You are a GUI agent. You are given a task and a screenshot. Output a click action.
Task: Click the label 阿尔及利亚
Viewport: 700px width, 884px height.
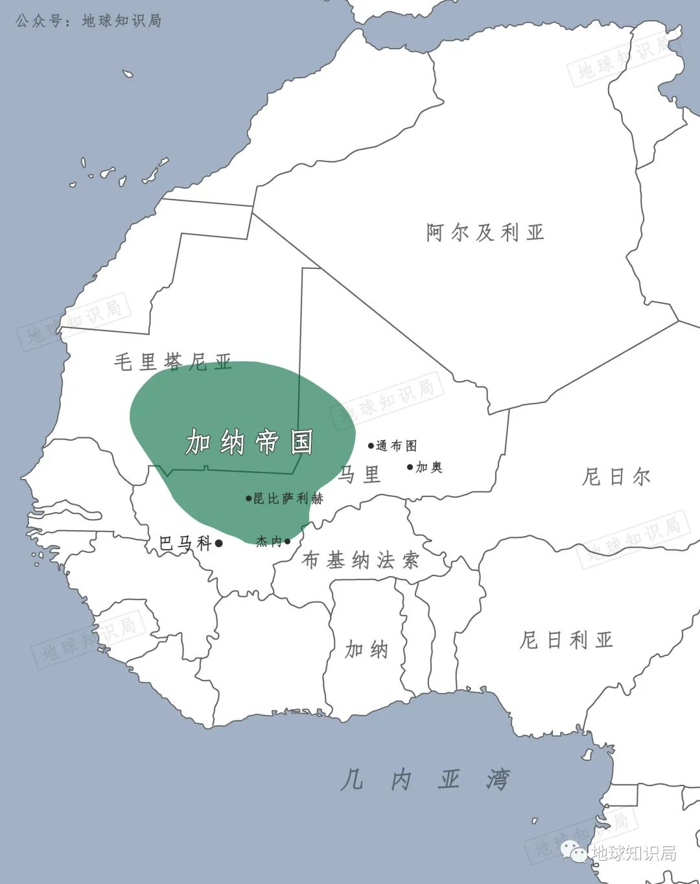(x=485, y=232)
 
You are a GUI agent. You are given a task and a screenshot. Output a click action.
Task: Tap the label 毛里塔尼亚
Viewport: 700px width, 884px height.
(x=173, y=362)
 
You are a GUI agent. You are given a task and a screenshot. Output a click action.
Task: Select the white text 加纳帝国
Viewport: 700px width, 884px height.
(x=250, y=442)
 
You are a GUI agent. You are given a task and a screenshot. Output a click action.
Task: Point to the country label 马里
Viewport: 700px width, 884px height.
(x=359, y=474)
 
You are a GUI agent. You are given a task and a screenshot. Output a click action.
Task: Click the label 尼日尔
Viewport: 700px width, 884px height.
(x=616, y=477)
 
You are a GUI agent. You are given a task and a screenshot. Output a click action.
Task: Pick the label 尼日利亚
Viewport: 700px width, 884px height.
(x=566, y=640)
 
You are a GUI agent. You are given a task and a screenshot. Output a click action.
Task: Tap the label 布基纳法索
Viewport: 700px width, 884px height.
(x=361, y=560)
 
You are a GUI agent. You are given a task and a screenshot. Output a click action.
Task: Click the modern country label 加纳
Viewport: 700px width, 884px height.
(x=366, y=649)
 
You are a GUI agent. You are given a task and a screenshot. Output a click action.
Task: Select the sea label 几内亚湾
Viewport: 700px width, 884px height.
(x=425, y=779)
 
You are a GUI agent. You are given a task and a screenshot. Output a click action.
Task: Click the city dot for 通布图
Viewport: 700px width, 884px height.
(x=371, y=446)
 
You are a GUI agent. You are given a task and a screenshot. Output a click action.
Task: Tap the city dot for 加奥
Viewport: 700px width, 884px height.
(x=410, y=467)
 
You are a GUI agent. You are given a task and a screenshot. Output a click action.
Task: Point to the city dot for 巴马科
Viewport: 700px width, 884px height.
(x=219, y=543)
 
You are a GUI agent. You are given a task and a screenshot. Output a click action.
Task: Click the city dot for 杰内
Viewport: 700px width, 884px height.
(x=287, y=541)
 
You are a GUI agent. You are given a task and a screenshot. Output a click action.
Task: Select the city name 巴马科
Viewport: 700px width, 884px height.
(x=185, y=543)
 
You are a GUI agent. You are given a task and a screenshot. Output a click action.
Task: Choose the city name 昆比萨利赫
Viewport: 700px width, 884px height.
(x=288, y=498)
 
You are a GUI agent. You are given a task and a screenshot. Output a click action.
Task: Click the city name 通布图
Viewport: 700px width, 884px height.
(x=397, y=446)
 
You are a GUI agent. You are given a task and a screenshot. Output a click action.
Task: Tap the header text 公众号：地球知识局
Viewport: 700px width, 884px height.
(x=88, y=21)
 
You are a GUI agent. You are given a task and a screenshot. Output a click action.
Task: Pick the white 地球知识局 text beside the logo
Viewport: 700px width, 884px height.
(x=635, y=853)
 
